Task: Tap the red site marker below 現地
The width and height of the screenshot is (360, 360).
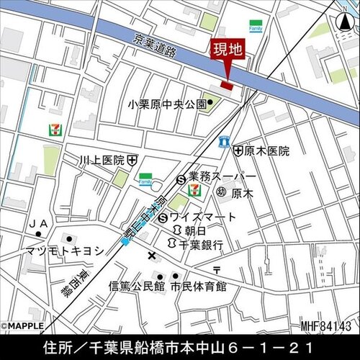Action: pos(227,86)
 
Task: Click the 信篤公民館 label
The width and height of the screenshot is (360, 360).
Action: pos(138,286)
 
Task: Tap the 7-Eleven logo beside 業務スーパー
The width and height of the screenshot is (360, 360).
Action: pos(193,189)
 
